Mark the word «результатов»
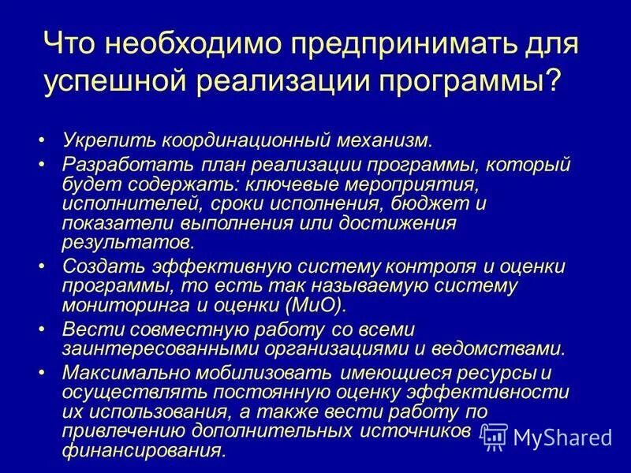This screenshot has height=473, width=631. tap(127, 241)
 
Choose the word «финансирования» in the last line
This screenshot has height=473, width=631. tap(144, 450)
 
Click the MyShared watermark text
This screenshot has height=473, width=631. tap(562, 436)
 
